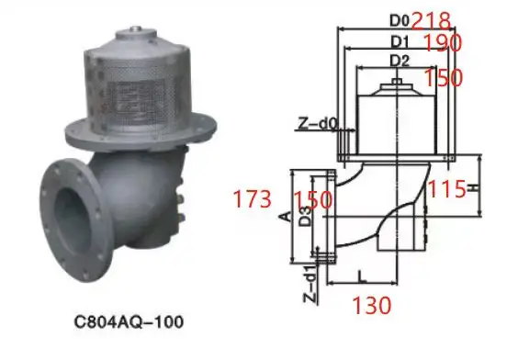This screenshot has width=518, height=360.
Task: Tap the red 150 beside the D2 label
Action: (x=445, y=78)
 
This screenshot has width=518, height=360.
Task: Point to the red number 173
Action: (x=253, y=199)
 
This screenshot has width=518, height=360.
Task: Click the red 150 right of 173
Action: (x=313, y=199)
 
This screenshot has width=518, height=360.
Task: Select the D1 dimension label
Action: (x=399, y=41)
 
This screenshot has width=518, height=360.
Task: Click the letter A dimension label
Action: (x=285, y=218)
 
